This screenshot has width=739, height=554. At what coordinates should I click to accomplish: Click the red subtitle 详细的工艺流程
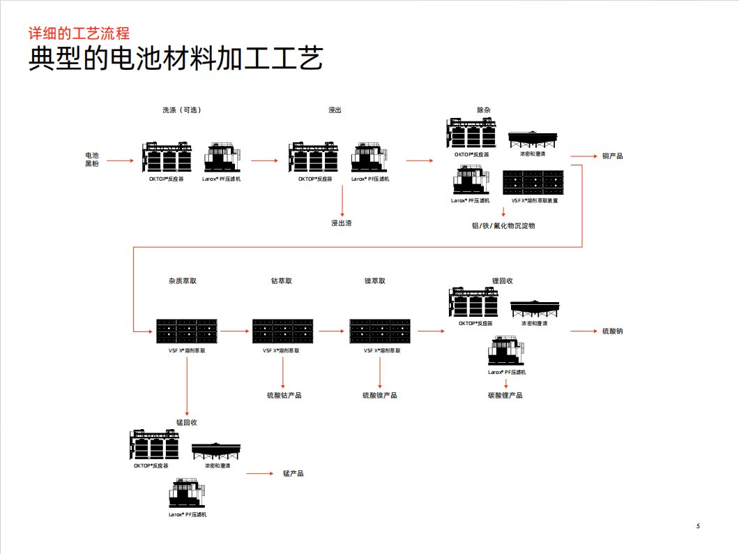point(79,33)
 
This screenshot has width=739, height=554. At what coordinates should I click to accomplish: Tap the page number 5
point(698,525)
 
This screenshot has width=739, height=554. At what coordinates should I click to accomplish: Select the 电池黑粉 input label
point(92,159)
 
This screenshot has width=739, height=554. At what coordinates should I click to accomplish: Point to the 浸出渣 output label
point(341,223)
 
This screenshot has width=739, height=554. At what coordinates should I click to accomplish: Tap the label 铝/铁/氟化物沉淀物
point(503,225)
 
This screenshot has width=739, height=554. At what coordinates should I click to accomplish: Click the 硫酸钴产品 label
point(284,395)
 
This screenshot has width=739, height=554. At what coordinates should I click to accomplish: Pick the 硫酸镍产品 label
point(379,395)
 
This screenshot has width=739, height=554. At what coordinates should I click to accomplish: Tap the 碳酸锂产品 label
point(505,395)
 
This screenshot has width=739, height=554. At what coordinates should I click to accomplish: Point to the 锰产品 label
point(293,473)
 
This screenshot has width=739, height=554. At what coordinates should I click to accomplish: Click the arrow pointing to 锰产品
point(259,473)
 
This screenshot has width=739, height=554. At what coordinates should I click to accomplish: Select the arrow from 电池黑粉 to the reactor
point(120,160)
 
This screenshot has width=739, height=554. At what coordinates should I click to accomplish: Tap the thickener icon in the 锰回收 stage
point(216,451)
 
